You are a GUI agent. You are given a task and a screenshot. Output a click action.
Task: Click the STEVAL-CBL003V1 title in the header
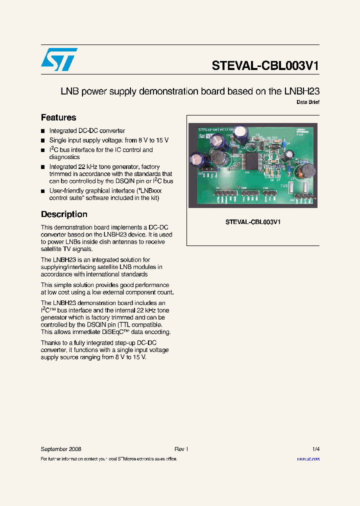pos(265,66)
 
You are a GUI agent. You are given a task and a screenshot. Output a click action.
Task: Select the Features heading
pos(58,117)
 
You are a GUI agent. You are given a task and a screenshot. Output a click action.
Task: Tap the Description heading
pos(64,214)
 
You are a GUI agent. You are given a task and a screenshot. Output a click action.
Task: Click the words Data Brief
pos(308,102)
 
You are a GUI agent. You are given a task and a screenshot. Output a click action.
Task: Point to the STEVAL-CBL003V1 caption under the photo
pos(252,222)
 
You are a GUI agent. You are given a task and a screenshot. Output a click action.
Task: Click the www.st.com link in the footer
pos(308,458)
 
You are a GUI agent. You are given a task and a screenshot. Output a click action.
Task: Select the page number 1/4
pos(315,449)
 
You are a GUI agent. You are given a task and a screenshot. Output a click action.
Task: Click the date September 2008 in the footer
pos(61,449)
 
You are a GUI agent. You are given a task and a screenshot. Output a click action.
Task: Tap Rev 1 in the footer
pos(181,449)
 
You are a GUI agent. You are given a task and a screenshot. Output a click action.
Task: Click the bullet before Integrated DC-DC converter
pos(43,131)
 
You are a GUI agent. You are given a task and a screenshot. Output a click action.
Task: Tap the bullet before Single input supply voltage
pos(43,140)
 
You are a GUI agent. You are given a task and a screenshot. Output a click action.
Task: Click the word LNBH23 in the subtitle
pos(301,91)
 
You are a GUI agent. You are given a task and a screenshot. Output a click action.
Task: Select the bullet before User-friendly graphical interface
pos(43,191)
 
